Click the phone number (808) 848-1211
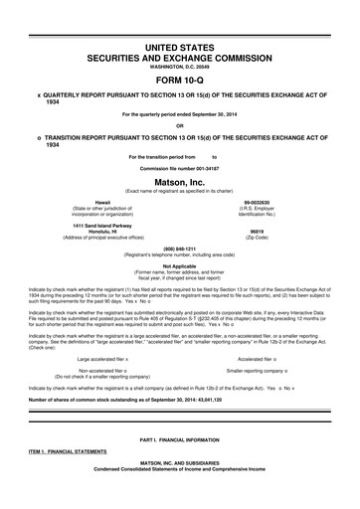coord(179,250)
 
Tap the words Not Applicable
coord(179,265)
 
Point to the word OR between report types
coord(179,125)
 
